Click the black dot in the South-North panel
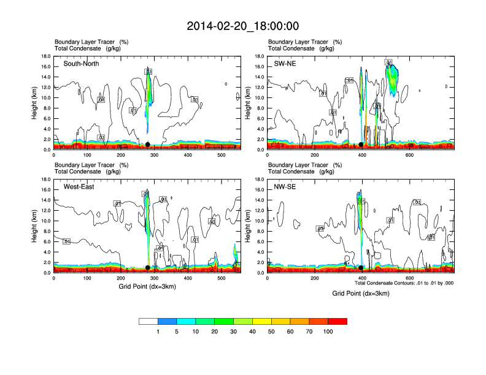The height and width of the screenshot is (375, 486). tap(147, 145)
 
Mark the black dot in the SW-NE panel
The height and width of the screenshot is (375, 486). tap(361, 145)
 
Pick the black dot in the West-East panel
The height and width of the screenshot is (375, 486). tap(147, 268)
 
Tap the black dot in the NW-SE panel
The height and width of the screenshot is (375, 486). tap(361, 268)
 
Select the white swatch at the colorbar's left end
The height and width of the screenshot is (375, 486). tap(148, 320)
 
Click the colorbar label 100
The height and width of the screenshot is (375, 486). tap(328, 331)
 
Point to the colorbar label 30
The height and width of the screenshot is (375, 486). tap(234, 331)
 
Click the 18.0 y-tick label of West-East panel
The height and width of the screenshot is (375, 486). tap(45, 180)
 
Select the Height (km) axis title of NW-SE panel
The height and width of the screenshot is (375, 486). tap(247, 226)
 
